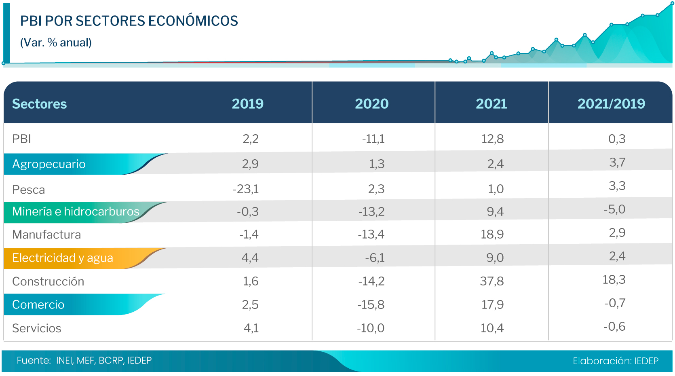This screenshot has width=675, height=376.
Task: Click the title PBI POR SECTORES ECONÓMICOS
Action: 129,21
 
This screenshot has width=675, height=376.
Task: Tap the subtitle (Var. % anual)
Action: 56,42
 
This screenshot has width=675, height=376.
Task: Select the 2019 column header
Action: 247,104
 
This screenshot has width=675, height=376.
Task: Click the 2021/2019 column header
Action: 611,104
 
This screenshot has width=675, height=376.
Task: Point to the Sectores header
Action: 39,104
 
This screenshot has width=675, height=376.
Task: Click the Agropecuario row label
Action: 49,164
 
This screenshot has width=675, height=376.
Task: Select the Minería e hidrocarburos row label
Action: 76,211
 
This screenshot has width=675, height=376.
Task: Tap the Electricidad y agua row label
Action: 63,258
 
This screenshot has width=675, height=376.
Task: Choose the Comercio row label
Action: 38,305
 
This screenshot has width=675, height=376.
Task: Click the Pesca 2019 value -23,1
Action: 245,189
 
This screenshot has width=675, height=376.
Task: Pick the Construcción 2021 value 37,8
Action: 491,281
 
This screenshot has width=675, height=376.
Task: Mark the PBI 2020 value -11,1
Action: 373,139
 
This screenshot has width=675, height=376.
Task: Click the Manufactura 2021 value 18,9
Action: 492,234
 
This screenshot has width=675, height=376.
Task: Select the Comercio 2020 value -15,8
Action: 371,304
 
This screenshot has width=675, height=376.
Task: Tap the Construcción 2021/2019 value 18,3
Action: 614,279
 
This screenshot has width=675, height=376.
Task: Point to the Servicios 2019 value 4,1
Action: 251,328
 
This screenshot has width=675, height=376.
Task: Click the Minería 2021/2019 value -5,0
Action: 614,209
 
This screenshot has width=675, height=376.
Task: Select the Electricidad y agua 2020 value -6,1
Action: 375,258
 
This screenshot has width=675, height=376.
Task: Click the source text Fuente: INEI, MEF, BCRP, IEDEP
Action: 84,361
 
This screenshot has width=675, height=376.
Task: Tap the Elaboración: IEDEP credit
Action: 615,361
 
